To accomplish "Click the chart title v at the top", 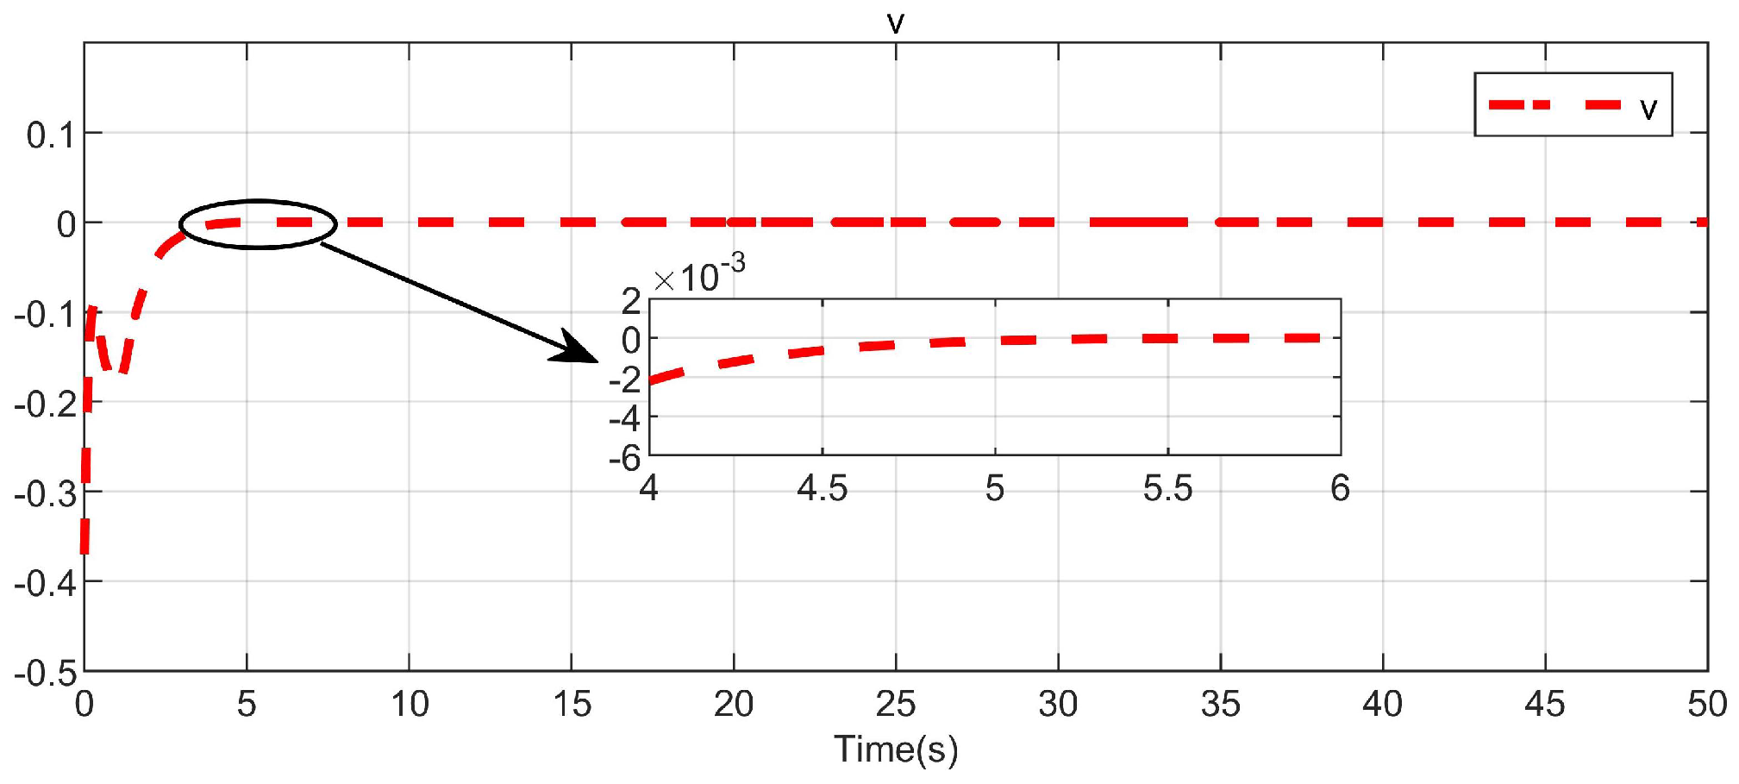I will coord(896,22).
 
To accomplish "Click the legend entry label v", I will coord(1648,108).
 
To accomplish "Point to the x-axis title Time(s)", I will coord(896,749).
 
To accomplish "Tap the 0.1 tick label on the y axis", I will coord(51,135).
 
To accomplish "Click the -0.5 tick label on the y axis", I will coord(46,673).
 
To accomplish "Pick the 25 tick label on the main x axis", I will coord(896,705).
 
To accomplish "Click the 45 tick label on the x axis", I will coord(1545,705).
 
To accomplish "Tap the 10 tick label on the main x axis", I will coord(410,705).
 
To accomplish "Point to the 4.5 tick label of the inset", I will coord(822,489).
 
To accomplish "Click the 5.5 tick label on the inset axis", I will coord(1167,489).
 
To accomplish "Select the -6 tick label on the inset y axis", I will coord(625,458).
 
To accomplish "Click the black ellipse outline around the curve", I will coord(258,201).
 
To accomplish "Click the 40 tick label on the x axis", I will coord(1382,705).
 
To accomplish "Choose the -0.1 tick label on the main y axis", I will coord(46,315).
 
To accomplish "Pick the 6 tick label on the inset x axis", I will coord(1340,489).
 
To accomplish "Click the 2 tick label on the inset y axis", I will coord(631,301).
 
